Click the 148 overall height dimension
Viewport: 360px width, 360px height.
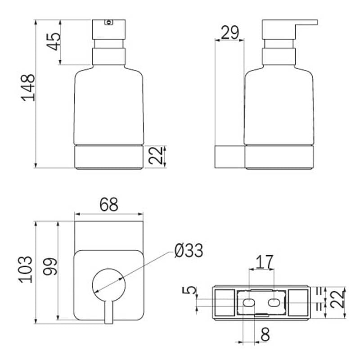(28, 88)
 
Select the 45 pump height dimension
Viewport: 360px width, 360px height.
(54, 42)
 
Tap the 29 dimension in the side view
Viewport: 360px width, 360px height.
(230, 32)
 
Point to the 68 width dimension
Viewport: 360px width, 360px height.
(109, 204)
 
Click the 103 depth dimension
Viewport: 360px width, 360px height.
(26, 269)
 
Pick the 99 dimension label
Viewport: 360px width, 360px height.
(50, 266)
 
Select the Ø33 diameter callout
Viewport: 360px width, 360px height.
(189, 251)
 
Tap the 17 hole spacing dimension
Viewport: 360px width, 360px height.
(265, 262)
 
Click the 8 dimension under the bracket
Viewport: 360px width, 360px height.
(265, 334)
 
